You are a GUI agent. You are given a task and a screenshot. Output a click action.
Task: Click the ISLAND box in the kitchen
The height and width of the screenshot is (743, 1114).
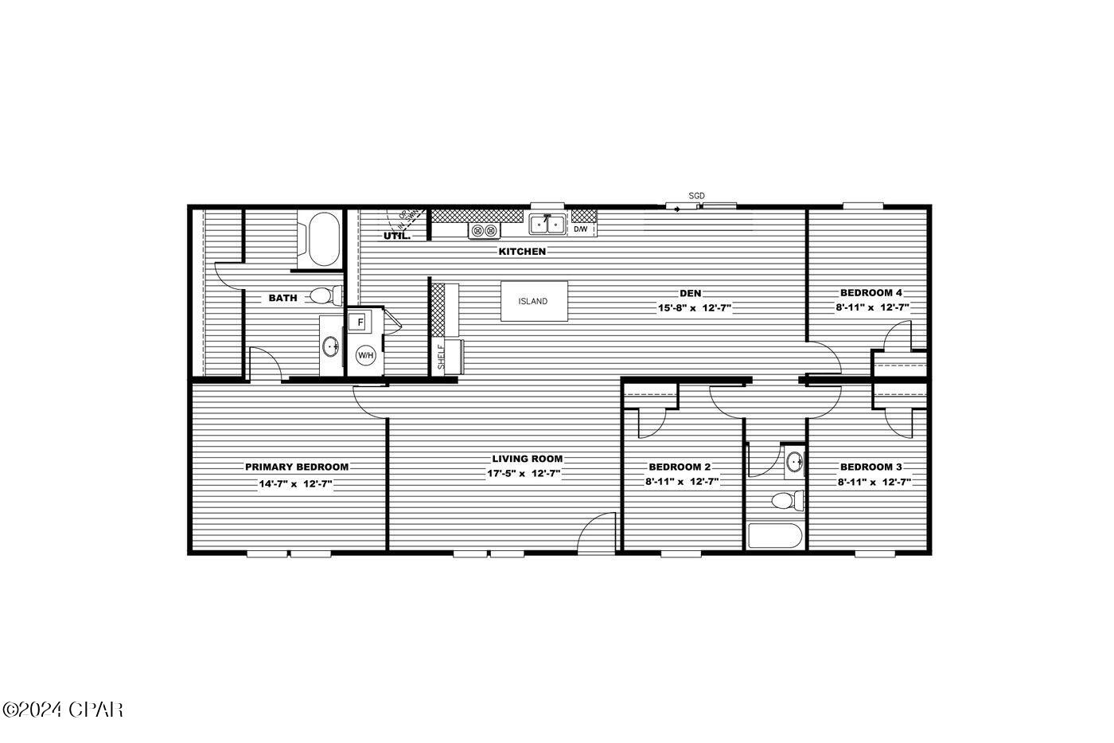(534, 301)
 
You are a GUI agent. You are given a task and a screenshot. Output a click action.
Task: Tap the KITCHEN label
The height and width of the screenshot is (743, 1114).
(522, 252)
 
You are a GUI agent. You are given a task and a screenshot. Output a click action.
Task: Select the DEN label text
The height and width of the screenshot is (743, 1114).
(690, 293)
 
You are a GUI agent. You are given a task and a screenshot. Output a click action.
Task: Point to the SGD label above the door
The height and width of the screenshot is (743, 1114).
(696, 196)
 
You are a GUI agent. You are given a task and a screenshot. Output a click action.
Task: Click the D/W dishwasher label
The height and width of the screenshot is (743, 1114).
(581, 229)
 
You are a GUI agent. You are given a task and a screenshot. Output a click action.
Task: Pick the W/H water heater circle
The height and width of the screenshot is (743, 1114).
(365, 355)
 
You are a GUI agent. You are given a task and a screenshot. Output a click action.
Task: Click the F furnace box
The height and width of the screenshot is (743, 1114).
(360, 323)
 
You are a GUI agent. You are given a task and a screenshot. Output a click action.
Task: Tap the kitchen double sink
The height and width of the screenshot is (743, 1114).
(547, 225)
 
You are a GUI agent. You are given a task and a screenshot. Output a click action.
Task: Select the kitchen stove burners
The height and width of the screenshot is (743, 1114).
(485, 230)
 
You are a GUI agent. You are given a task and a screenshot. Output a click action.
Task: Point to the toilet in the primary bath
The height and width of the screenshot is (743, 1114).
(322, 296)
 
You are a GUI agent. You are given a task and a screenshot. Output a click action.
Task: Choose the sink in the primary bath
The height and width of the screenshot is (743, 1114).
(332, 346)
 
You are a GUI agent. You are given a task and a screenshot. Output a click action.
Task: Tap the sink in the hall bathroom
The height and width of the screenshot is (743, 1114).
(793, 461)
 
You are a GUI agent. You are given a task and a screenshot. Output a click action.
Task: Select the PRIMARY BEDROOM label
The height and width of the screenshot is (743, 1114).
(296, 467)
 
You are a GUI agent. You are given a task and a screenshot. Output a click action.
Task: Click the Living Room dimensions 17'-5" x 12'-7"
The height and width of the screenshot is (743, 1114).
(524, 474)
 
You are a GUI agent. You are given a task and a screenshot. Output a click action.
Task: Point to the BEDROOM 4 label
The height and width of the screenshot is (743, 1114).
(871, 292)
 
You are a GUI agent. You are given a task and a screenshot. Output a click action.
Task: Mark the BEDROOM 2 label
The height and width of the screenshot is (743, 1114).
(680, 467)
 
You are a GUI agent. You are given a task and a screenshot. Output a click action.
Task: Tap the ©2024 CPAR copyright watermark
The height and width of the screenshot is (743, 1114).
(64, 709)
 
